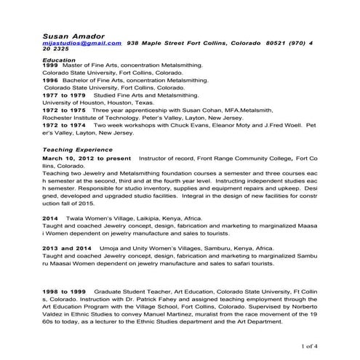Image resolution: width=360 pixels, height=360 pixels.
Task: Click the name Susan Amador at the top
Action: pos(73,34)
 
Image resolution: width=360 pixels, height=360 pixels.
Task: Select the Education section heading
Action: pos(59,60)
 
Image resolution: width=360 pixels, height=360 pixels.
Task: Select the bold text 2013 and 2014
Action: pos(68,247)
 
